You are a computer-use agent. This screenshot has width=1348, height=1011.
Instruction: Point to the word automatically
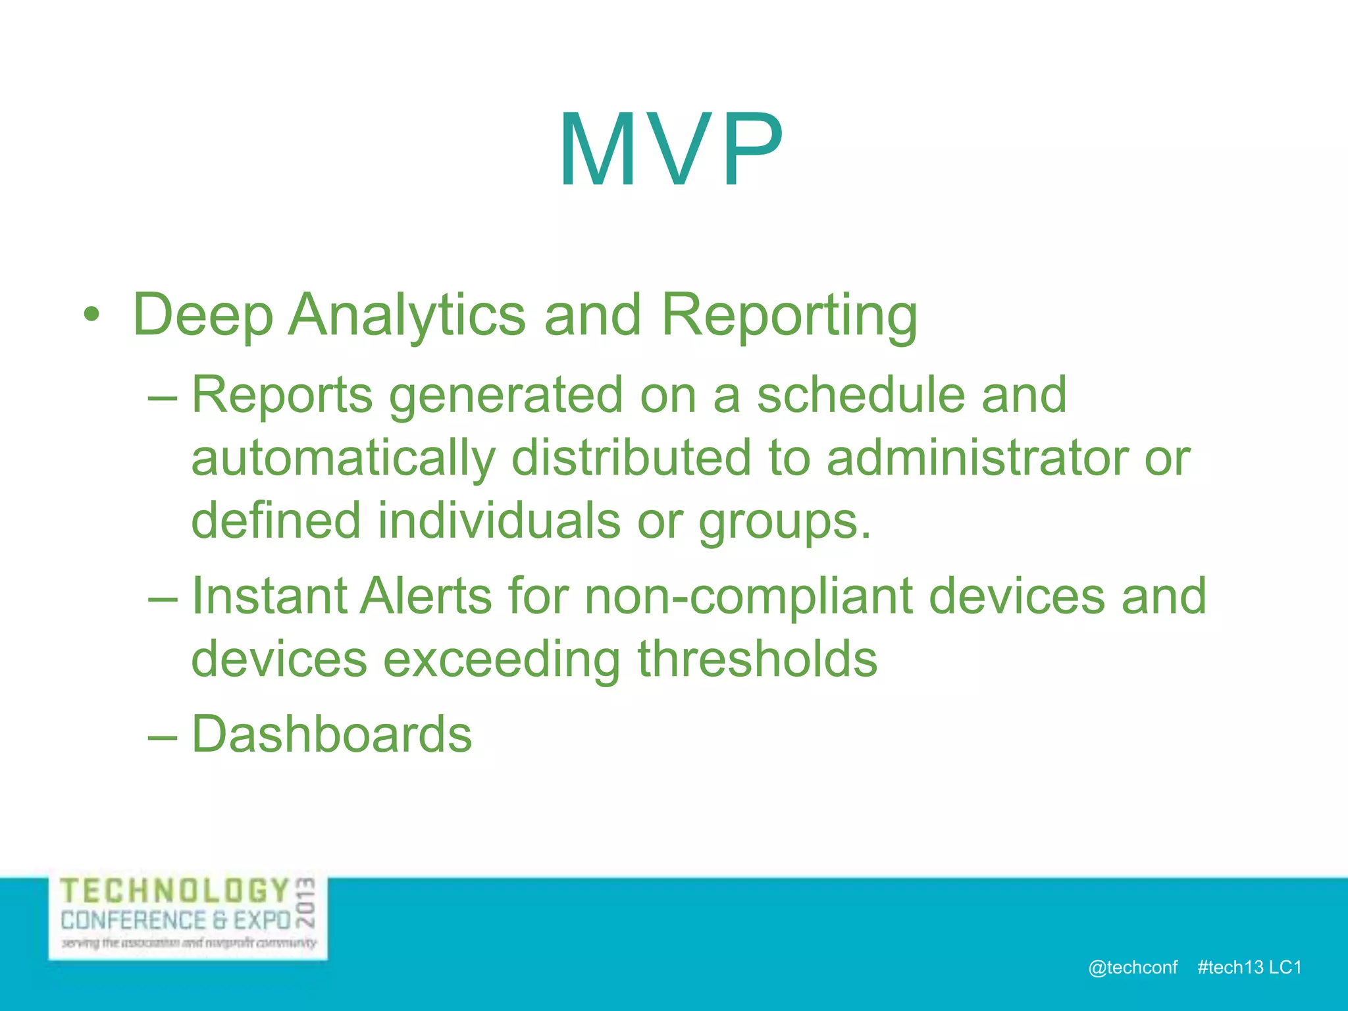pyautogui.click(x=342, y=459)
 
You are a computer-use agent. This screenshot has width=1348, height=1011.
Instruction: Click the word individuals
pyautogui.click(x=498, y=520)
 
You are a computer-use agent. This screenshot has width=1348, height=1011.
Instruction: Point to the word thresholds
pyautogui.click(x=757, y=658)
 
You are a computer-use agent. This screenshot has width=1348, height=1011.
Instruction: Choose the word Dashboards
pyautogui.click(x=331, y=734)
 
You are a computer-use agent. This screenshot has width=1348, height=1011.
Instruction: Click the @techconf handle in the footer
pyautogui.click(x=1132, y=967)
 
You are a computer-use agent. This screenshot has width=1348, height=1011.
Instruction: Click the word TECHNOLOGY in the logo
pyautogui.click(x=175, y=891)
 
